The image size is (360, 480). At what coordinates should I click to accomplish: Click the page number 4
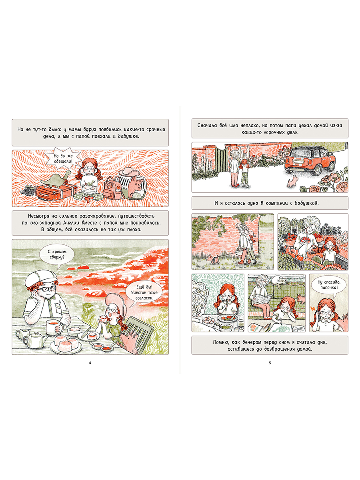point(90,362)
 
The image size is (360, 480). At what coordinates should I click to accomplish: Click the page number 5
point(270,362)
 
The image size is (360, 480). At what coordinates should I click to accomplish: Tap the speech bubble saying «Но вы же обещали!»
point(63,158)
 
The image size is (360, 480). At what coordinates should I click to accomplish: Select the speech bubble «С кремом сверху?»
point(56,255)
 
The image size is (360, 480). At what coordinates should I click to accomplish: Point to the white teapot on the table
point(35,340)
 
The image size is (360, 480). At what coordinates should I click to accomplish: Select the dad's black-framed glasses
point(47,289)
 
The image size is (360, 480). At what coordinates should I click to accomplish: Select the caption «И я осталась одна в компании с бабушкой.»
point(270,203)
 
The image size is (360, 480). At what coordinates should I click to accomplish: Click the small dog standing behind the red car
point(292,181)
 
